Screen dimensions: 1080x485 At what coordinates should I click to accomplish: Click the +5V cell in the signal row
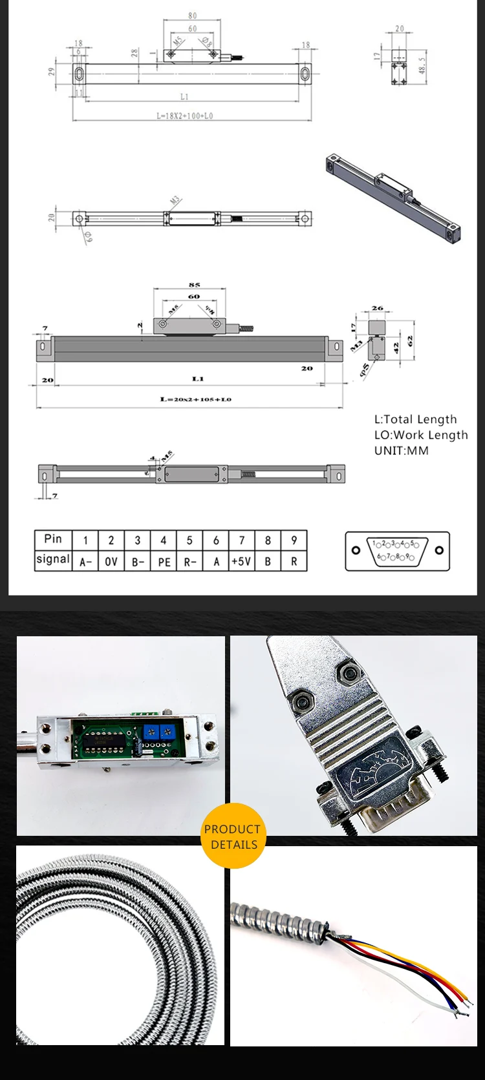pos(241,561)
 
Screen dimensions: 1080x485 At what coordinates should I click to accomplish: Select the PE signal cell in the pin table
pos(164,561)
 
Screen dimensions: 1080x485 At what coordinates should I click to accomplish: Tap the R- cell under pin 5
pos(189,561)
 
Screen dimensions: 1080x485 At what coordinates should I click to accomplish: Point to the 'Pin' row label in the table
pos(53,539)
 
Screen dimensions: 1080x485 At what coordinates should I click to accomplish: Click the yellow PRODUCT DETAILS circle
pos(233,836)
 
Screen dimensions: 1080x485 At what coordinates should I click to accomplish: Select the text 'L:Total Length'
pos(415,419)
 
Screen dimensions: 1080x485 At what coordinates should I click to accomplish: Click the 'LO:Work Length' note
pos(420,435)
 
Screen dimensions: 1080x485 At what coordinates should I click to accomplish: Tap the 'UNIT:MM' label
pos(401,450)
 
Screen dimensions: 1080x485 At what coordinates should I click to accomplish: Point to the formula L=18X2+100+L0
pos(184,116)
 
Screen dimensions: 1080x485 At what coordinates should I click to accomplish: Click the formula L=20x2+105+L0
pos(195,399)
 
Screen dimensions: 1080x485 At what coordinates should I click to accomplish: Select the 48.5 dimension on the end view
pos(422,65)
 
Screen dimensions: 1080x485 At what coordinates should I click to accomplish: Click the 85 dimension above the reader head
pos(194,284)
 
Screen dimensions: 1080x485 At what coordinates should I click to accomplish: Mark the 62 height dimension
pos(410,340)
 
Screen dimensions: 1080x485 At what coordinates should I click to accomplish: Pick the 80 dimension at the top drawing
pos(192,16)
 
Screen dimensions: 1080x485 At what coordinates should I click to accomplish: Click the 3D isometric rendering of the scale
pos(393,198)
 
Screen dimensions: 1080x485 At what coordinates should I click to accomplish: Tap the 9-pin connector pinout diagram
pos(397,550)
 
